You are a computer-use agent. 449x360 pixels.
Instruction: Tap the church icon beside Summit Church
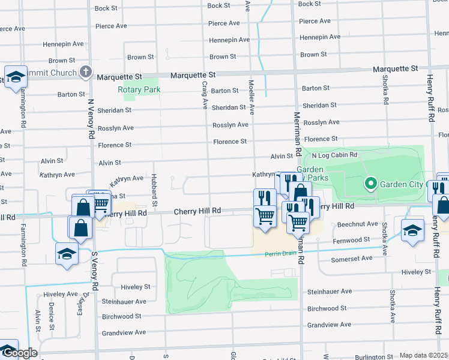86,73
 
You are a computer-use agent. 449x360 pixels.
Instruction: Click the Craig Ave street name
205,95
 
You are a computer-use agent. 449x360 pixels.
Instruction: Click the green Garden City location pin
371,183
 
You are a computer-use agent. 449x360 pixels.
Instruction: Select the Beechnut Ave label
357,224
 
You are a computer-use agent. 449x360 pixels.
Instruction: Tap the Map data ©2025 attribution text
424,356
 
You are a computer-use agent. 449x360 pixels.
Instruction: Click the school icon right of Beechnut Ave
412,230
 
